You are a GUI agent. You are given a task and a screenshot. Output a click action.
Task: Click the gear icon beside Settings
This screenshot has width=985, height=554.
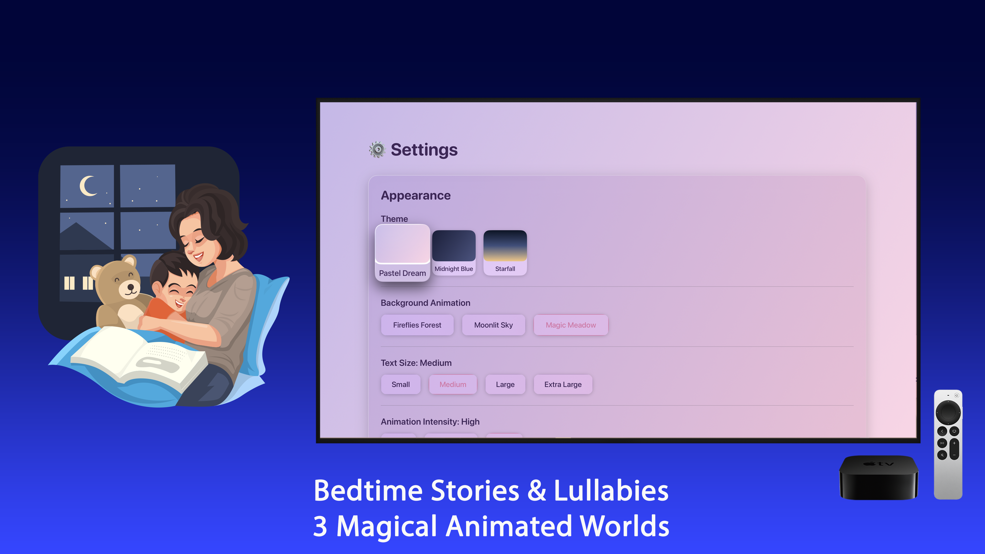(377, 150)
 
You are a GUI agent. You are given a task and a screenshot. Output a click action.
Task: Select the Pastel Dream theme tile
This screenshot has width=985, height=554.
(402, 253)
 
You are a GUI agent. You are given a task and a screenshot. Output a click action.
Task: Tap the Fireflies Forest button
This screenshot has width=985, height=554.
(417, 325)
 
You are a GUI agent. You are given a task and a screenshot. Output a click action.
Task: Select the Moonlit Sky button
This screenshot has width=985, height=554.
(493, 325)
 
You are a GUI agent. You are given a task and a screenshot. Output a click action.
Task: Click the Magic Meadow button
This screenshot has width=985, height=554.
(570, 325)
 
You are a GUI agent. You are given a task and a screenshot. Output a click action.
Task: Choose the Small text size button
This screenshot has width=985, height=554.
(400, 384)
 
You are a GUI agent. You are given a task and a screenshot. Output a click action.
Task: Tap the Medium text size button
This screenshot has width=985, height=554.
(453, 384)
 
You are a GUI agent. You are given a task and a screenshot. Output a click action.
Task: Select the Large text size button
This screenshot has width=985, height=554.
(505, 384)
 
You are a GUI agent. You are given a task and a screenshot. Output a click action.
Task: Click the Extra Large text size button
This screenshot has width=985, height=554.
(563, 384)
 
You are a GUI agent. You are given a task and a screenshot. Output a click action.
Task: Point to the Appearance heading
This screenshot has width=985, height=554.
(416, 195)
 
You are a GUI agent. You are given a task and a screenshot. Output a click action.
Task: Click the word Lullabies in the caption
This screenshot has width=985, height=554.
(611, 491)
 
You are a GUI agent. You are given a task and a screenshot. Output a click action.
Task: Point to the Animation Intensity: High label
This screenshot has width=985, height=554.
(430, 422)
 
